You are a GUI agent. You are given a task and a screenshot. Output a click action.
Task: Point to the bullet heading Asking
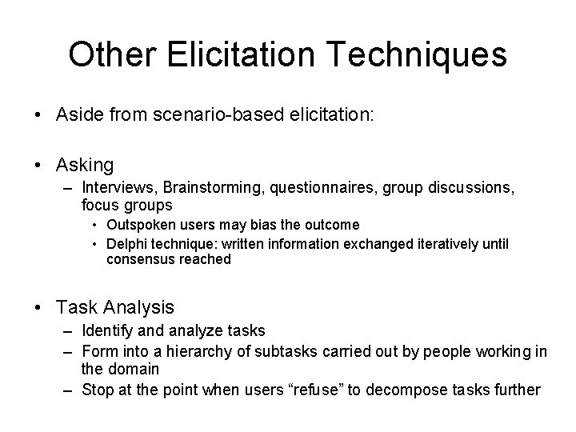(85, 165)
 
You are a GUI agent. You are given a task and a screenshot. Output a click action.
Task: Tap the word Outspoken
(140, 226)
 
